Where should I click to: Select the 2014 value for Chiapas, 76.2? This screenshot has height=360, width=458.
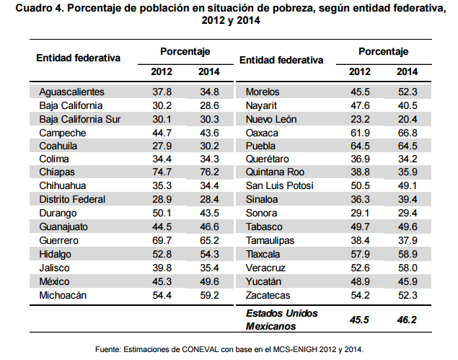(209, 172)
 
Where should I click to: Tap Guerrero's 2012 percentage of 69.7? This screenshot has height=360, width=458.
(162, 240)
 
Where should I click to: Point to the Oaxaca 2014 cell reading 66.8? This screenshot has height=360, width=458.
(407, 132)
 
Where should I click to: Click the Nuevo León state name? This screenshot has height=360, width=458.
(271, 118)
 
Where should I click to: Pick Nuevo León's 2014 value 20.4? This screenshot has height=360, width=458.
(407, 118)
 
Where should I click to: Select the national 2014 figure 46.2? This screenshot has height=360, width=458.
(407, 319)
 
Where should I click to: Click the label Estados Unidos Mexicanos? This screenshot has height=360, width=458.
(282, 319)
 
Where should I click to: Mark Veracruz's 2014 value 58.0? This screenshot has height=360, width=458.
(407, 268)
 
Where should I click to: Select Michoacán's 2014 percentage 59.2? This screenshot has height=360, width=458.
(209, 294)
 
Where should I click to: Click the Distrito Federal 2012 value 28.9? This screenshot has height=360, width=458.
(162, 200)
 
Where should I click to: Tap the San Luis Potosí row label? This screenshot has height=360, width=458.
(279, 186)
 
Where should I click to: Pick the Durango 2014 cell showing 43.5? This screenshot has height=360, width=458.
(209, 214)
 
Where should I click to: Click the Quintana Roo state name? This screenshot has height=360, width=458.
(275, 172)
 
